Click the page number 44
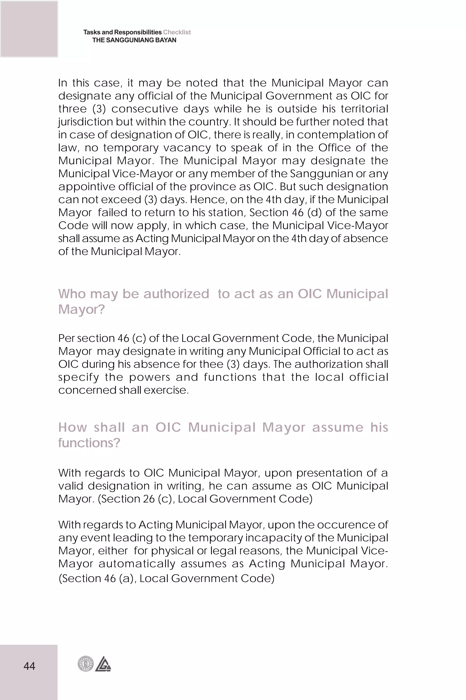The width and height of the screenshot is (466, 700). pyautogui.click(x=29, y=666)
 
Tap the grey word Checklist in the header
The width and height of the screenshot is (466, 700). pyautogui.click(x=177, y=32)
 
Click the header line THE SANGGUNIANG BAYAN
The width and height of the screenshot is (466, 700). pyautogui.click(x=134, y=40)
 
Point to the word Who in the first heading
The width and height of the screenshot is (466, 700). pyautogui.click(x=72, y=294)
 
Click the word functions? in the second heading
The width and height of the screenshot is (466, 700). pyautogui.click(x=89, y=443)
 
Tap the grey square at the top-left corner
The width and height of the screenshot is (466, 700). pyautogui.click(x=29, y=29)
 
